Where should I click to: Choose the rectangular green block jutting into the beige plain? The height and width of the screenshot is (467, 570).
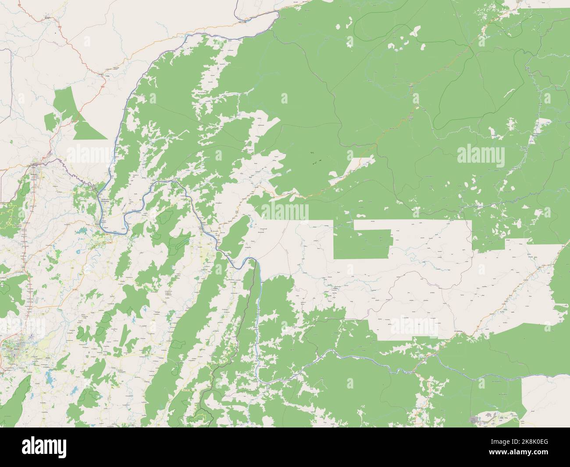pos(362,244)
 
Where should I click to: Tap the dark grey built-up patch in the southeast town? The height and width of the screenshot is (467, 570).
pos(474,420)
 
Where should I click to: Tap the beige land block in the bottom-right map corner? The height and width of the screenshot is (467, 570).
pos(546,399)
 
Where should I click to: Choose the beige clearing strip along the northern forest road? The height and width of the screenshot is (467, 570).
pos(351,169)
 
